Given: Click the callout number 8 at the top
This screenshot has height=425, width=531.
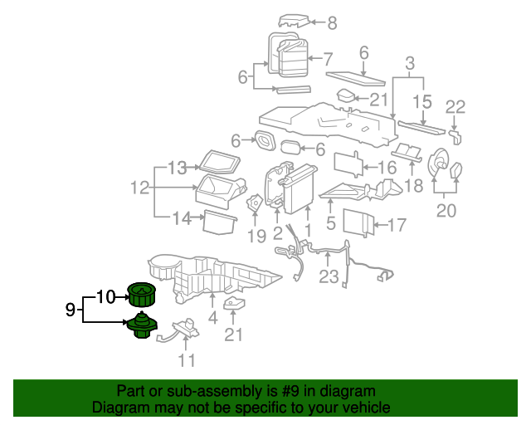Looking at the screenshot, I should (332, 23).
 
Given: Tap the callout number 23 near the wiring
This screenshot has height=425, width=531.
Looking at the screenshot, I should (329, 277).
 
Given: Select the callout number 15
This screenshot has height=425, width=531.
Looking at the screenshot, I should (423, 101).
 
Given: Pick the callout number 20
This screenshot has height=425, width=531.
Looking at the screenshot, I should (446, 211).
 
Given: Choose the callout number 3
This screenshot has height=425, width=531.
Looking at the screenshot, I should (409, 63).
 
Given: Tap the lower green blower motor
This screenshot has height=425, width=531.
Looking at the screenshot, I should (140, 326).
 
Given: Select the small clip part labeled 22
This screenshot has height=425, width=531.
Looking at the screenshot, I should (455, 134).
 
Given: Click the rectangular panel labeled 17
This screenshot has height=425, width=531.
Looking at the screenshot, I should (358, 222).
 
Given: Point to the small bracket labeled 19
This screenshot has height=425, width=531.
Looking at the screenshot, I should (256, 202).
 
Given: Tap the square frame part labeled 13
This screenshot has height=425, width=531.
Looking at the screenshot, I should (218, 159).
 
